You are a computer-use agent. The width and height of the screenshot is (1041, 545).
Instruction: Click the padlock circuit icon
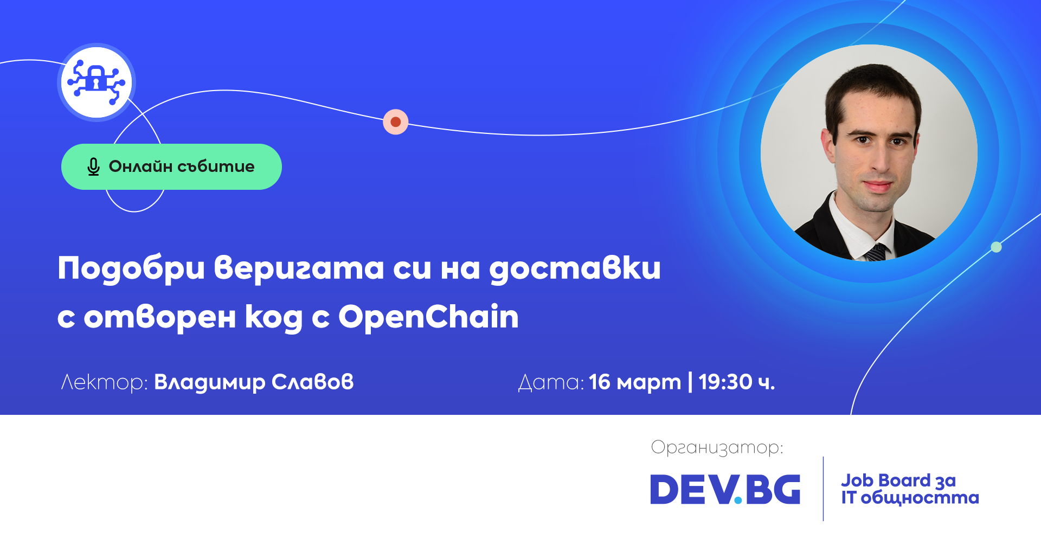pos(97,82)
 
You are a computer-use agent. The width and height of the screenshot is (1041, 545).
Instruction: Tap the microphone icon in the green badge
pos(93,167)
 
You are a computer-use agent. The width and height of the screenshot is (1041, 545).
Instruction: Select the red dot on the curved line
pos(396,122)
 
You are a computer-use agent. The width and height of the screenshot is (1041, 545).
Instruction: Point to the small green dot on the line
pos(996,247)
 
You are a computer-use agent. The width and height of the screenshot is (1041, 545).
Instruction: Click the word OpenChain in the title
pos(428,317)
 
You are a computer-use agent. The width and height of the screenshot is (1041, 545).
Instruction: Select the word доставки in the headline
pos(575,268)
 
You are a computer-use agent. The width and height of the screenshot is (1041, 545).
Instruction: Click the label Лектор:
pos(104,382)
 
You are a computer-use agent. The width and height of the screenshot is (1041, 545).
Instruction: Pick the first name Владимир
pos(210,382)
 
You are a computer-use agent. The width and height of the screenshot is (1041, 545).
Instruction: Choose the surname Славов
pos(312,382)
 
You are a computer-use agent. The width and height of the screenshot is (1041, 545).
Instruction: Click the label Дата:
pos(551,382)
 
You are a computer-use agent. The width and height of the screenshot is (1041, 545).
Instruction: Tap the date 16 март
pos(635,382)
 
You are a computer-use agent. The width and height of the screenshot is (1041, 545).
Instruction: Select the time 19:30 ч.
pos(737,382)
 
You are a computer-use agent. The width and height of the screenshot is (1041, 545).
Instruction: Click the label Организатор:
pos(717,447)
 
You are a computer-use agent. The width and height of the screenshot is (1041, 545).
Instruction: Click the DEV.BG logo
pos(725,489)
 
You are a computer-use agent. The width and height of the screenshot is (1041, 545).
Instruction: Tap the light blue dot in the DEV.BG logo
pos(738,500)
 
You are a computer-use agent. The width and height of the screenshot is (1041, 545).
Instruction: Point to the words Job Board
pos(885,481)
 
